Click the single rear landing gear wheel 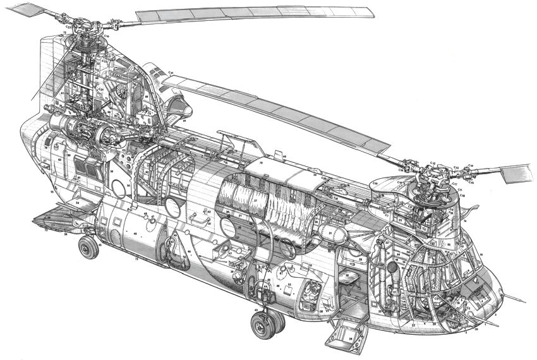88,247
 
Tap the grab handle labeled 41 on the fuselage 203,220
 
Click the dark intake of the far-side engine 173,101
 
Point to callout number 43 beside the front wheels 256,310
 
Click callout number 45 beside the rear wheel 100,246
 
